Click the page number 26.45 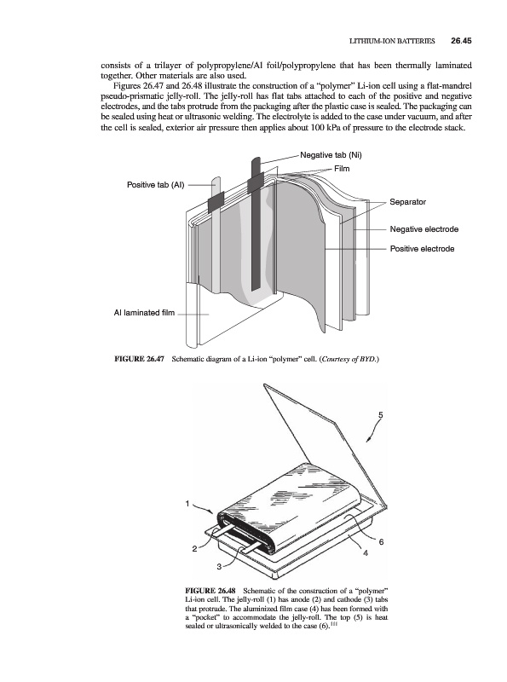pyautogui.click(x=461, y=41)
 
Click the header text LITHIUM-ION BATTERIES pyautogui.click(x=392, y=41)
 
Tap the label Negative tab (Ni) pyautogui.click(x=331, y=155)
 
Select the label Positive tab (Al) pyautogui.click(x=156, y=185)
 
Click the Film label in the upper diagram pyautogui.click(x=342, y=169)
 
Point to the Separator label pyautogui.click(x=408, y=202)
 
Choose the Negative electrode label pyautogui.click(x=424, y=229)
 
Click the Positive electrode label pyautogui.click(x=422, y=249)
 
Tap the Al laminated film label pyautogui.click(x=144, y=313)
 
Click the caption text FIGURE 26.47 pyautogui.click(x=139, y=359)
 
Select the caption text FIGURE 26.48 pyautogui.click(x=210, y=591)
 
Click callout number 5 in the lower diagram pyautogui.click(x=381, y=415)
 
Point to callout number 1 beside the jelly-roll pyautogui.click(x=187, y=504)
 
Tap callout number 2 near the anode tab pyautogui.click(x=194, y=549)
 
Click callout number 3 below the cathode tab pyautogui.click(x=219, y=566)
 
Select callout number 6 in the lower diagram pyautogui.click(x=382, y=542)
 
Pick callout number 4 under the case pyautogui.click(x=366, y=553)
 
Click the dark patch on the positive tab pyautogui.click(x=216, y=202)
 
